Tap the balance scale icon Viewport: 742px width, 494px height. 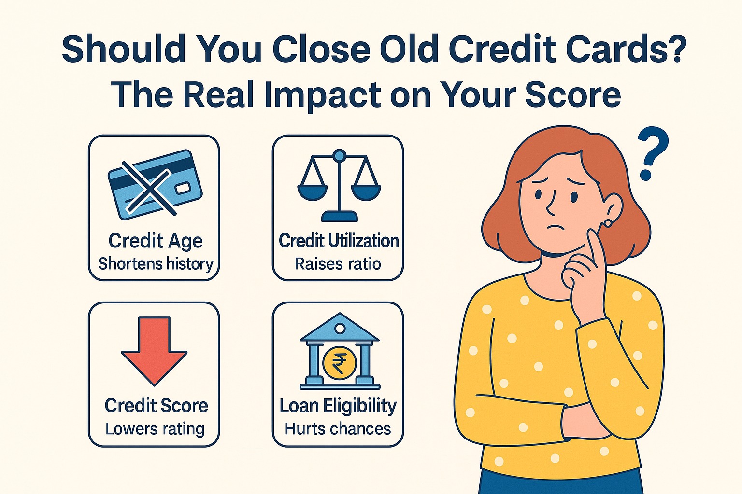coord(339,186)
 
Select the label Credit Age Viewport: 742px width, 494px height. coord(155,241)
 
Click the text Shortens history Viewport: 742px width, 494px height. coord(155,264)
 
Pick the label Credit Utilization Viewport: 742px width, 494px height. coord(339,241)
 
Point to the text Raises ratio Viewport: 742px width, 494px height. coord(338,264)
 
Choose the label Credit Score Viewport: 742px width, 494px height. coord(156,406)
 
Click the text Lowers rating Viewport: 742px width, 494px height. coord(155,429)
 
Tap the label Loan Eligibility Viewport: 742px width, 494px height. coord(338,406)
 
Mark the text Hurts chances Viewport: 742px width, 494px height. coord(338,429)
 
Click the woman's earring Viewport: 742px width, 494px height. coord(608,223)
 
